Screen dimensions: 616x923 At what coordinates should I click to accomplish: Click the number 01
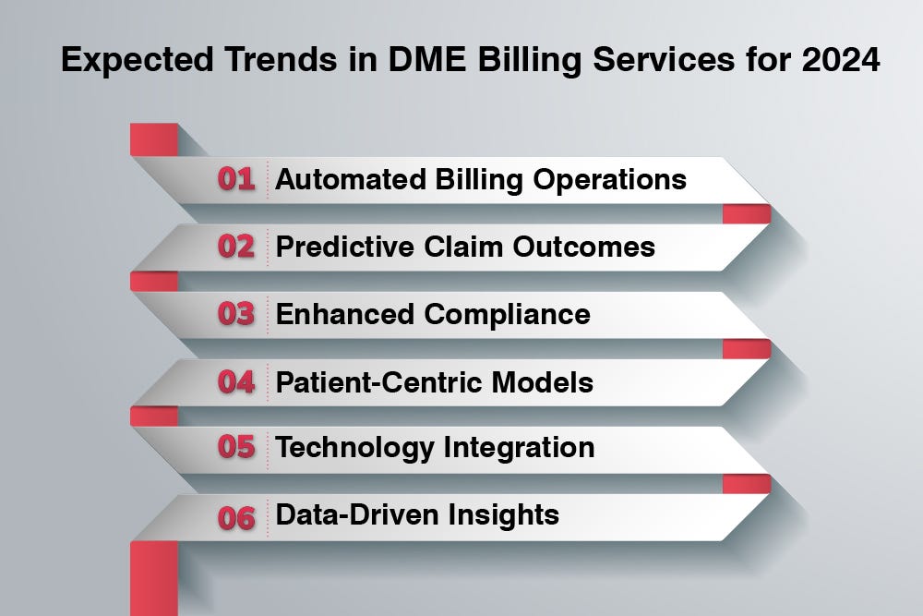tap(236, 179)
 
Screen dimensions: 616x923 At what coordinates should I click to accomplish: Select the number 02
tap(236, 247)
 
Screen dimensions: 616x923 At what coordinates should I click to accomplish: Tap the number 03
tap(236, 314)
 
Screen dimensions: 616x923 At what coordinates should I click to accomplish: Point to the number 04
tap(236, 381)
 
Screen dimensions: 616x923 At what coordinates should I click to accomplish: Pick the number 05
tap(236, 448)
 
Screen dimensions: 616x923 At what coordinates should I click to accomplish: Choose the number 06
tap(236, 516)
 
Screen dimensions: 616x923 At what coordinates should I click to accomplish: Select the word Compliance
tap(507, 314)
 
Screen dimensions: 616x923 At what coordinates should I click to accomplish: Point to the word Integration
tap(519, 448)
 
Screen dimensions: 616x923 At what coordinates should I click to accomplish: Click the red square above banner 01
tap(153, 139)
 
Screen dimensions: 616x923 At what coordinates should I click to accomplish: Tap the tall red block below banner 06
tap(153, 577)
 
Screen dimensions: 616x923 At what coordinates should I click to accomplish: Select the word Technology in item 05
tap(355, 448)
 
